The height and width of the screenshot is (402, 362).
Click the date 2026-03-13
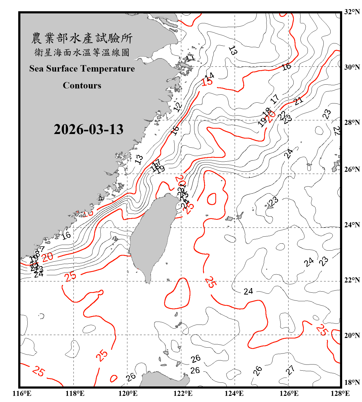[x=88, y=129]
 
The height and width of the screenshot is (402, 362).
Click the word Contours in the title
[x=82, y=85]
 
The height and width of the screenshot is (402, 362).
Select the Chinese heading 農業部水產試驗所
[x=82, y=38]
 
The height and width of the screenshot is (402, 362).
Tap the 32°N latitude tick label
[x=352, y=12]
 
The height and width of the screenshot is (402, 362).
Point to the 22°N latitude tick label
[x=352, y=280]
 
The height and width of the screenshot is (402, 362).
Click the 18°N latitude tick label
[x=352, y=382]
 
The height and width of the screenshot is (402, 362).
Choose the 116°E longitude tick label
[x=22, y=393]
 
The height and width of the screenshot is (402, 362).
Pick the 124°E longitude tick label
[x=234, y=393]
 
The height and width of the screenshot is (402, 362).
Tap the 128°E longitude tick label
[x=340, y=393]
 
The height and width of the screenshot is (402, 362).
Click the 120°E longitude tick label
[x=128, y=393]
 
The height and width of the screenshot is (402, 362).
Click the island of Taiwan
[x=152, y=236]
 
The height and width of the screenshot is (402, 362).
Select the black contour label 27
[x=290, y=370]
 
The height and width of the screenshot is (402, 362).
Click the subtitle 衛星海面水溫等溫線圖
[x=82, y=53]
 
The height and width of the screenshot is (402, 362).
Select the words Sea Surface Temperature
[x=82, y=69]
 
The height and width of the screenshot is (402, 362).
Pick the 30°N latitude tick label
[x=352, y=67]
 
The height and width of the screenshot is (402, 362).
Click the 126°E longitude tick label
[x=289, y=393]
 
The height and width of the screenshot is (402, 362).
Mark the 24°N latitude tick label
[x=352, y=225]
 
